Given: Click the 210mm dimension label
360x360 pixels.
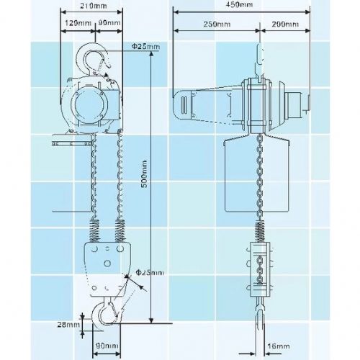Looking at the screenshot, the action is (91, 6).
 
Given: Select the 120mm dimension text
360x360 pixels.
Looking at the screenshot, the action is (78, 23).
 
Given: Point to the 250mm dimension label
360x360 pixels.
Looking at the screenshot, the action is (217, 24).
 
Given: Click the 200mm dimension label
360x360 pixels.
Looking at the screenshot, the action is (285, 24).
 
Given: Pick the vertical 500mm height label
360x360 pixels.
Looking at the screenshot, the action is (144, 174).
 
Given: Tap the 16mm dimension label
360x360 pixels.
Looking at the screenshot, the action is (279, 346).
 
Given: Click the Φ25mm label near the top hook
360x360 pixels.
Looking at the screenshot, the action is (145, 46).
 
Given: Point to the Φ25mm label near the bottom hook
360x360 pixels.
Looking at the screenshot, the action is (150, 272).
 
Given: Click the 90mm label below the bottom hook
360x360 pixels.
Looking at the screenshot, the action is (107, 346).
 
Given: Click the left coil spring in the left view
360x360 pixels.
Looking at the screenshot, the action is (94, 230).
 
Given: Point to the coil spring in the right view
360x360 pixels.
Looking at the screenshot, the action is (260, 231).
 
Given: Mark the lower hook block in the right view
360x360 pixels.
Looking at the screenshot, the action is (259, 269).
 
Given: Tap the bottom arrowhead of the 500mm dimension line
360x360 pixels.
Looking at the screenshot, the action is (151, 320).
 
